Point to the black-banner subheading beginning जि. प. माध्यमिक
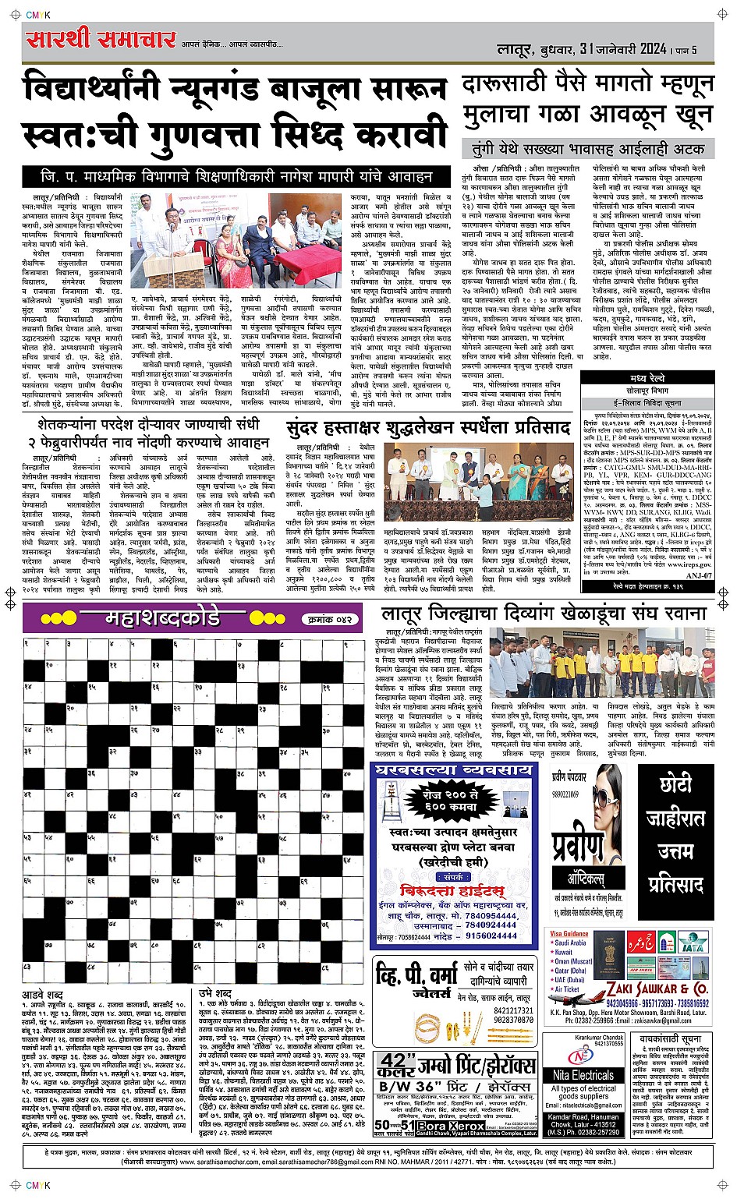point(237,176)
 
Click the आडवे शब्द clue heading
point(43,996)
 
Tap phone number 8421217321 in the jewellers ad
point(513,1011)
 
